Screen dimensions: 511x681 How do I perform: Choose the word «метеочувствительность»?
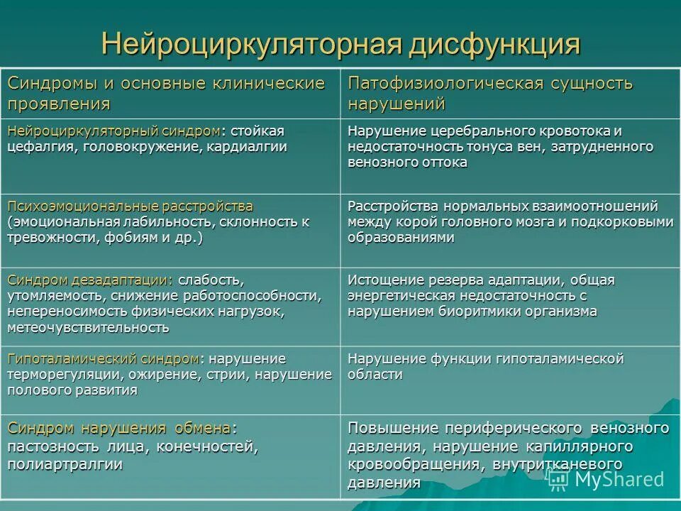point(89,327)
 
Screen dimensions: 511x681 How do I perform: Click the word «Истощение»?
point(382,280)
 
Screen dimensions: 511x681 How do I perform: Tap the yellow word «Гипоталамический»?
point(72,358)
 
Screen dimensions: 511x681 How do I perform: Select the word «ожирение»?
point(159,374)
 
